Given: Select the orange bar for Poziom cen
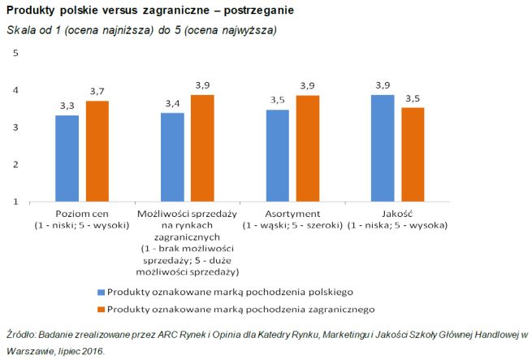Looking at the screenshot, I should pos(97,150).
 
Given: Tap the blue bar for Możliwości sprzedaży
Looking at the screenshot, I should pos(173,156).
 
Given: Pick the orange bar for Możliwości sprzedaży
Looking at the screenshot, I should pos(204,147).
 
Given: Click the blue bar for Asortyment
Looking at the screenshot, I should pos(277,154).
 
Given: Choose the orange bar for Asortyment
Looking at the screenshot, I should pos(307,147).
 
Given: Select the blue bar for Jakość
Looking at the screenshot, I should pos(383,147).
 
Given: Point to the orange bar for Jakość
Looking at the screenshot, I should pos(413,154).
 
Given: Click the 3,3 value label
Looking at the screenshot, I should pos(67,106).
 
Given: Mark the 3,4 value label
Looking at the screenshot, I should pos(173,103).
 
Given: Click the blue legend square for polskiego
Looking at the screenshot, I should pos(101,291).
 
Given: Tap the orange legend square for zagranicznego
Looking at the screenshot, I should pos(101,309).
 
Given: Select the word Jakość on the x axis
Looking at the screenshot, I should pos(398,214).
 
